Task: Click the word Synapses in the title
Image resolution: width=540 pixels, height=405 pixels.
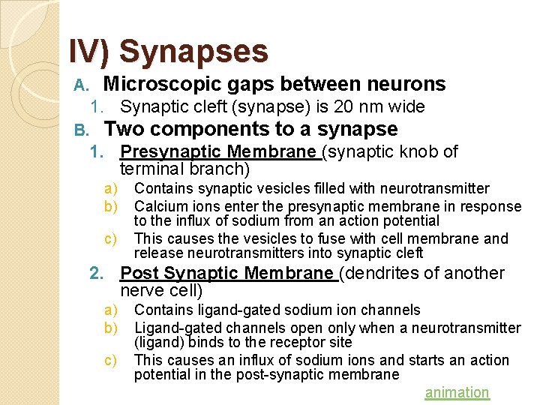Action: (193, 52)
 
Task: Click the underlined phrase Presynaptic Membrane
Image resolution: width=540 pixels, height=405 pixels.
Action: (218, 151)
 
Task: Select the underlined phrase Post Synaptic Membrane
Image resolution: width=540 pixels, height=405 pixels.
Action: (228, 273)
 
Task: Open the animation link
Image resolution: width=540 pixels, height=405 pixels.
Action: (457, 392)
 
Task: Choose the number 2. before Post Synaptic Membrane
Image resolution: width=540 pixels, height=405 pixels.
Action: (95, 273)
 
